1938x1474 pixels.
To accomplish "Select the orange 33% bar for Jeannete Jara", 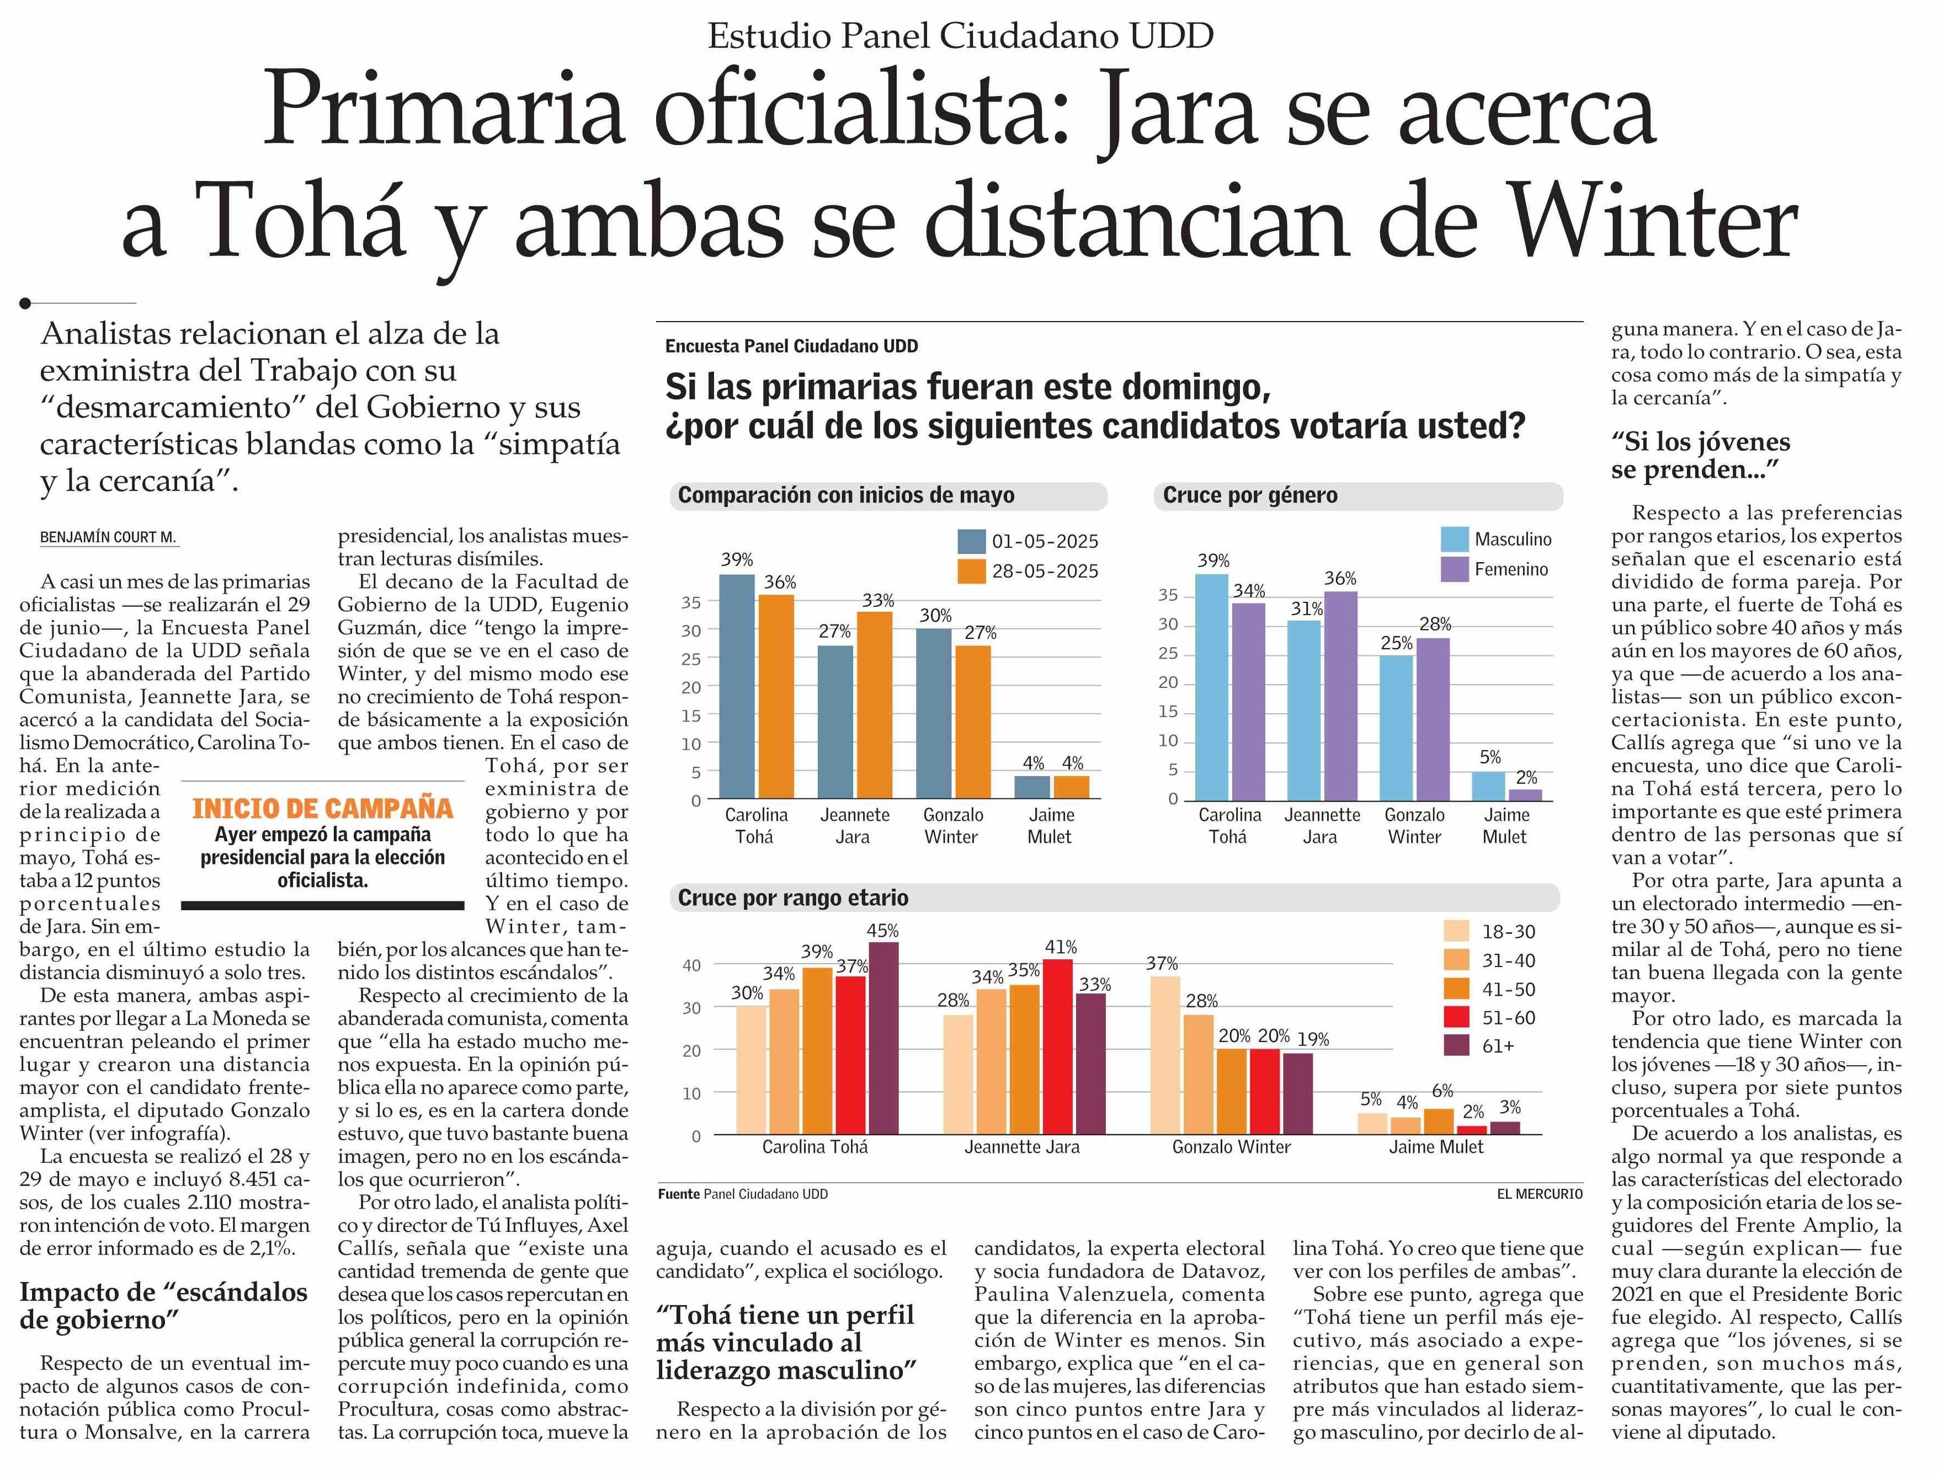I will click(x=874, y=704).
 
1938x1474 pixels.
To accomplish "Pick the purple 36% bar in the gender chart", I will click(x=1340, y=695).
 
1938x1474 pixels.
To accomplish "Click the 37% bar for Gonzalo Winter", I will click(x=1163, y=1055).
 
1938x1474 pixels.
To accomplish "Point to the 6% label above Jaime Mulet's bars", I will click(x=1442, y=1091).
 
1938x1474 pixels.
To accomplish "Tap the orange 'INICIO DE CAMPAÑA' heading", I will click(x=322, y=808).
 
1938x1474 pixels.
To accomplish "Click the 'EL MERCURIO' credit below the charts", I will click(x=1540, y=1194).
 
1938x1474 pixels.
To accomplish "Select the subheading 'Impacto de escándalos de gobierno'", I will click(x=163, y=1306).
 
